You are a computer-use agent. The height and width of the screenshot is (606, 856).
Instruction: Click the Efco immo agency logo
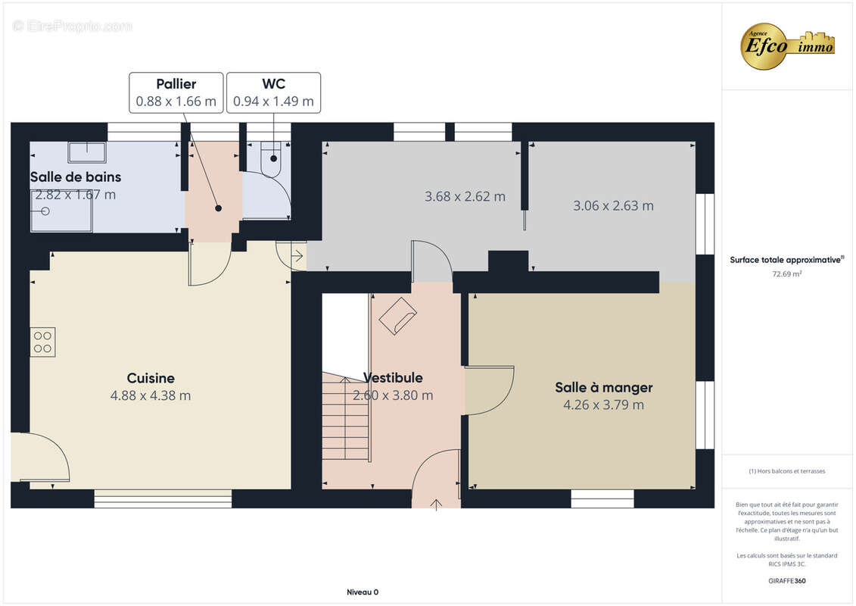pyautogui.click(x=787, y=46)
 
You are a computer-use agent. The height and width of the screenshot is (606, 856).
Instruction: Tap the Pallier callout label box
pyautogui.click(x=176, y=93)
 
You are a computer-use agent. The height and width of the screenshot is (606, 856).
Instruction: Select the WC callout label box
pyautogui.click(x=273, y=93)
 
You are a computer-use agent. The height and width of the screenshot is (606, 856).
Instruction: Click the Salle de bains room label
pyautogui.click(x=76, y=177)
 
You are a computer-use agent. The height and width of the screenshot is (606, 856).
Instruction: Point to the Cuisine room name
pyautogui.click(x=151, y=378)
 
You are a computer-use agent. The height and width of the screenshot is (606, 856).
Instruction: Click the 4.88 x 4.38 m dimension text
pyautogui.click(x=151, y=395)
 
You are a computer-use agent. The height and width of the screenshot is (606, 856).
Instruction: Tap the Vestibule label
pyautogui.click(x=393, y=377)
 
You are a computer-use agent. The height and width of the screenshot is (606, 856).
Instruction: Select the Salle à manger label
pyautogui.click(x=604, y=387)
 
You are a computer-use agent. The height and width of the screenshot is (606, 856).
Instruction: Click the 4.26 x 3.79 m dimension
pyautogui.click(x=604, y=405)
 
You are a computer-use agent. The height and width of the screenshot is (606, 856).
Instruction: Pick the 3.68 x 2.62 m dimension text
pyautogui.click(x=465, y=197)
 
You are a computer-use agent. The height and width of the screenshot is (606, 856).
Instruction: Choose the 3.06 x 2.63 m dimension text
pyautogui.click(x=613, y=206)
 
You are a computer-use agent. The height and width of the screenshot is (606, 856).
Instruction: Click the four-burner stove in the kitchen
pyautogui.click(x=42, y=342)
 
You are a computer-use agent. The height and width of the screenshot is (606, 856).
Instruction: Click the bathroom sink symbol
pyautogui.click(x=87, y=152)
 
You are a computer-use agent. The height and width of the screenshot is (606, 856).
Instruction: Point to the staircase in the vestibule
pyautogui.click(x=346, y=417)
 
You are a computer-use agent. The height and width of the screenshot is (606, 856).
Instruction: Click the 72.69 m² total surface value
pyautogui.click(x=786, y=274)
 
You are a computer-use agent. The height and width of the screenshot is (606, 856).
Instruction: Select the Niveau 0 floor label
pyautogui.click(x=363, y=592)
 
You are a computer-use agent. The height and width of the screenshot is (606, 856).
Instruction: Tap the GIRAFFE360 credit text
pyautogui.click(x=786, y=581)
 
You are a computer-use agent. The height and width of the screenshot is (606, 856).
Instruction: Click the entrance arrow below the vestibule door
pyautogui.click(x=436, y=504)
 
